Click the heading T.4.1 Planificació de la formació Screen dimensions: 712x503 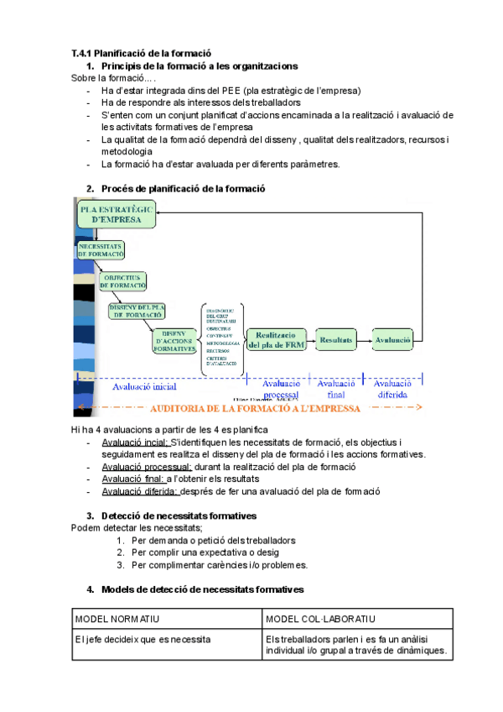coord(141,53)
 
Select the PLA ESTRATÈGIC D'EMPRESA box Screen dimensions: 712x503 coord(117,213)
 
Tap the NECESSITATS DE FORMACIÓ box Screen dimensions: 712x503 coord(101,249)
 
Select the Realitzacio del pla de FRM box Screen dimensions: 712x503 coord(276,340)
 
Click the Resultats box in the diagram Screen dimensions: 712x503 coord(336,339)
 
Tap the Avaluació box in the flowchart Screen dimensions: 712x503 coord(392,339)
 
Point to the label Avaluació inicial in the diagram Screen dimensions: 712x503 coord(144,387)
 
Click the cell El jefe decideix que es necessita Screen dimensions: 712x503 coord(143,639)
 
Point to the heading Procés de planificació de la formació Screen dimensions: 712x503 coord(183,188)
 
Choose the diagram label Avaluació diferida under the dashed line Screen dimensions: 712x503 coord(392,389)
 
